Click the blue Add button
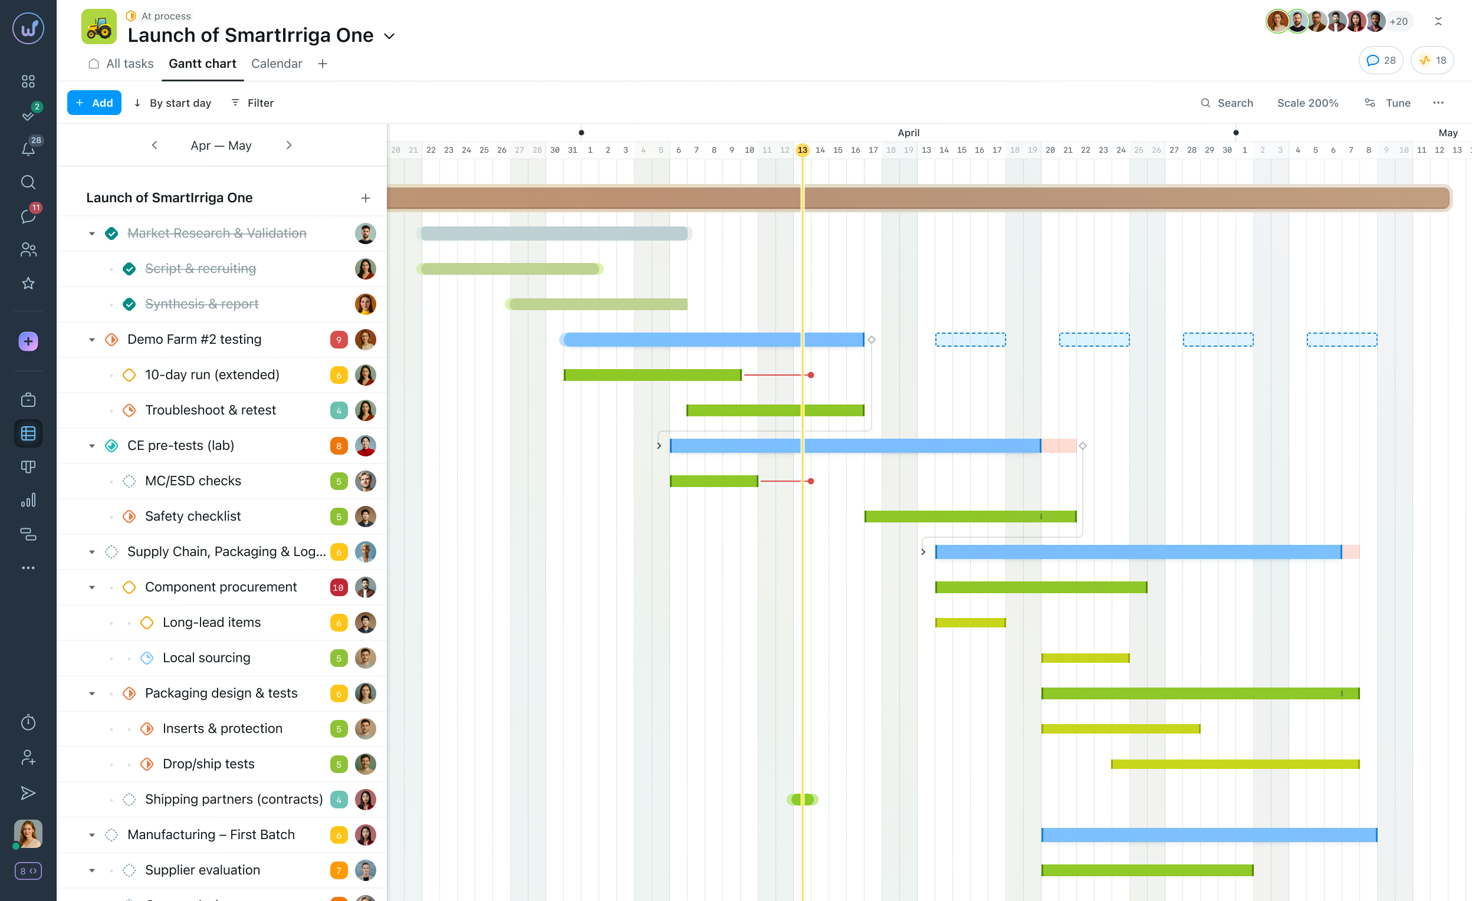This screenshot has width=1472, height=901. pos(94,103)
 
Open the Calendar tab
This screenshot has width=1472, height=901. pos(276,63)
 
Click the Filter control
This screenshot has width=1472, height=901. pos(252,103)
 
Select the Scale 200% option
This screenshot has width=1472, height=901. pos(1307,103)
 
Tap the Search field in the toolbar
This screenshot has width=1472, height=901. pos(1227,103)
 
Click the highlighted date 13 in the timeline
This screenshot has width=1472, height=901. pos(801,150)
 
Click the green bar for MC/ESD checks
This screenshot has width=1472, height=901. pos(714,481)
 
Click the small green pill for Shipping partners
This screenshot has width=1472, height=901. pos(801,800)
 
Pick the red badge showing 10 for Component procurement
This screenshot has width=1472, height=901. pos(338,587)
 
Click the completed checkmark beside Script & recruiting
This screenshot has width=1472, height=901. pos(129,269)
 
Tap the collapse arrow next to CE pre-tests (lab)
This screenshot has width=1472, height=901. pos(92,446)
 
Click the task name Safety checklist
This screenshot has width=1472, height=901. pos(192,516)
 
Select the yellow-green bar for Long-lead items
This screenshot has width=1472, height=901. pos(970,623)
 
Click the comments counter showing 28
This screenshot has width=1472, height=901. pos(1380,60)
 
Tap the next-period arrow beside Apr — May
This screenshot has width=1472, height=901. pos(289,145)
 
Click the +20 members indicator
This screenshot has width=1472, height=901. pos(1398,21)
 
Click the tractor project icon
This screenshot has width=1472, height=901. pos(98,27)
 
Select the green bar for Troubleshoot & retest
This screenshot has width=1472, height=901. pos(774,410)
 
